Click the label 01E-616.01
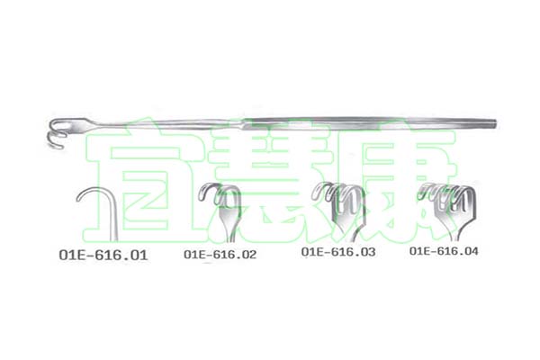(x=103, y=255)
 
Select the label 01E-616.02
(x=220, y=254)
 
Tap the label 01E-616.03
(x=338, y=251)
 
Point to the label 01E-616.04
(x=444, y=251)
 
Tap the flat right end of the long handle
(x=495, y=123)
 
